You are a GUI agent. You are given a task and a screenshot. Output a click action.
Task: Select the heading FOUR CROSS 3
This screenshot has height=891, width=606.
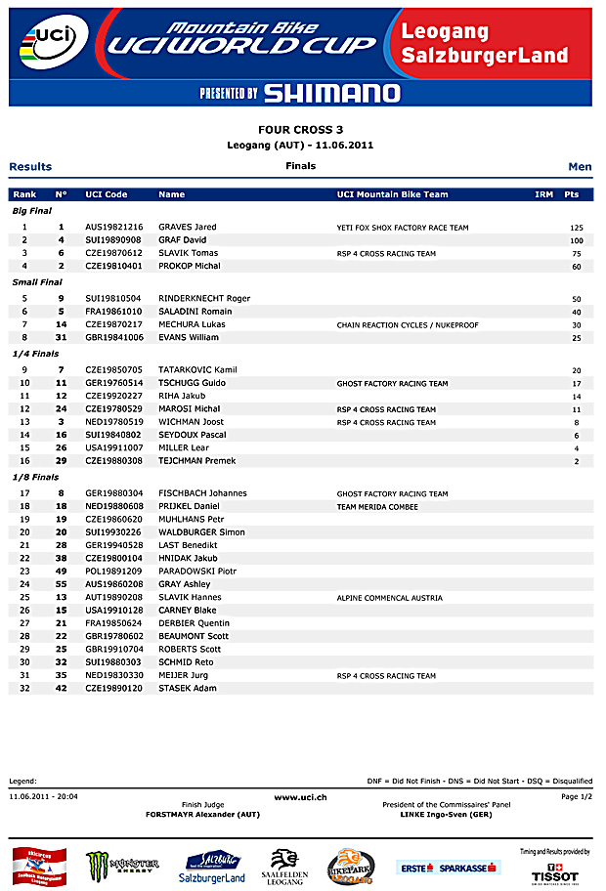[x=300, y=129]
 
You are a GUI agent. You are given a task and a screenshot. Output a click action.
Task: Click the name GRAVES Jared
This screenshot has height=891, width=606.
[x=188, y=227]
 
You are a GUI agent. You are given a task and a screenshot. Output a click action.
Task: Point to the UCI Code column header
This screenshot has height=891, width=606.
[x=107, y=194]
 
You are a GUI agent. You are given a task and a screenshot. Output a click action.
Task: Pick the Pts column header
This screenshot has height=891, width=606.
[x=572, y=194]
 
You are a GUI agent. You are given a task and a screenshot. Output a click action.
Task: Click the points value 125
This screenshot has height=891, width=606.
[x=576, y=228]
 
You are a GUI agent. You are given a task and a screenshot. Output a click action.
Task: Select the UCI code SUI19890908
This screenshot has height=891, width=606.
[x=113, y=239]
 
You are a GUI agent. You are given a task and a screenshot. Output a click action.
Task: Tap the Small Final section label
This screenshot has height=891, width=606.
[x=37, y=282]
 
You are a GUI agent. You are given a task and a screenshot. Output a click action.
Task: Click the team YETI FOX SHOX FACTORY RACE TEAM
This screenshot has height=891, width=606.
[x=403, y=228]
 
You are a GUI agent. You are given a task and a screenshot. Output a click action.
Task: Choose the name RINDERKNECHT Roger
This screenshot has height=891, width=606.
[x=204, y=298]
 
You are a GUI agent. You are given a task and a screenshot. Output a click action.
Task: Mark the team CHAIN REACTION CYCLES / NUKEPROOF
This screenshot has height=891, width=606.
[x=408, y=324]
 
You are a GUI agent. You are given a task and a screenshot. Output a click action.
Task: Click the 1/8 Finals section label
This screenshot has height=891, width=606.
[x=35, y=477]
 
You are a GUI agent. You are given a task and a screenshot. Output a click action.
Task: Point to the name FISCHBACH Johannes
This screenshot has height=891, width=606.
[x=202, y=493]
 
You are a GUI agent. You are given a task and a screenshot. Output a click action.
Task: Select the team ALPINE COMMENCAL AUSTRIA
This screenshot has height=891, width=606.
[x=390, y=597]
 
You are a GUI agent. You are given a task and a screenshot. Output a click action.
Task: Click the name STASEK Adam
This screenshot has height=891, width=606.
[x=186, y=688]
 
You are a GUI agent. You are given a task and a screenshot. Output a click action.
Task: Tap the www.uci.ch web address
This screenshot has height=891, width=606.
[x=300, y=797]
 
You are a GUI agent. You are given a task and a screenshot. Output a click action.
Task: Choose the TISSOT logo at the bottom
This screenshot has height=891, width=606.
[x=561, y=870]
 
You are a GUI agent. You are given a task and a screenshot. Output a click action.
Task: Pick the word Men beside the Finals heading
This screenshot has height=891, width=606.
[x=580, y=167]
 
